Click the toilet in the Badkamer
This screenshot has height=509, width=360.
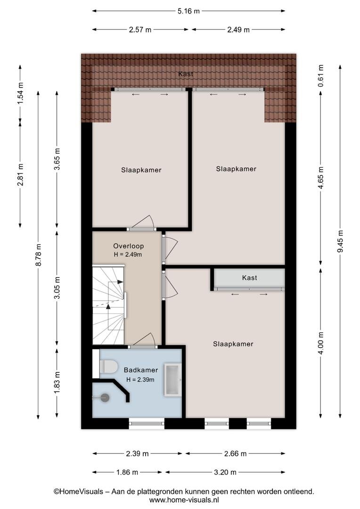(x=108, y=366)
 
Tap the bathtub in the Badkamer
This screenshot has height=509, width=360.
(x=172, y=380)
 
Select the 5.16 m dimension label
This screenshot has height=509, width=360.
(x=188, y=11)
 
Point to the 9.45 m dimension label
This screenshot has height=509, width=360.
(x=340, y=241)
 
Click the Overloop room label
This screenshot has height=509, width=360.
(x=128, y=246)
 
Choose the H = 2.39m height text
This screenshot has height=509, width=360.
(x=140, y=379)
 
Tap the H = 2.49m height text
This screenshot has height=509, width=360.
(x=128, y=254)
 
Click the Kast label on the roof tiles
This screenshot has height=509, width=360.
(x=186, y=74)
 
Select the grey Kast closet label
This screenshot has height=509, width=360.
(x=249, y=278)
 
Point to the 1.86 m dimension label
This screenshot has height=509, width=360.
(x=127, y=472)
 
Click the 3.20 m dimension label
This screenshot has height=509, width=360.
(x=225, y=472)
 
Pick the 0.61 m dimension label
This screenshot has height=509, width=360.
(x=321, y=75)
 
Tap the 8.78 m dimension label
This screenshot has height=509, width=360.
(x=38, y=255)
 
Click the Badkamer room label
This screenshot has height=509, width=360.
(x=141, y=370)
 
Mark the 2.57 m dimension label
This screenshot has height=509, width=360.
(x=140, y=30)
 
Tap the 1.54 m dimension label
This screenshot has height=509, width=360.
(x=20, y=93)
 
